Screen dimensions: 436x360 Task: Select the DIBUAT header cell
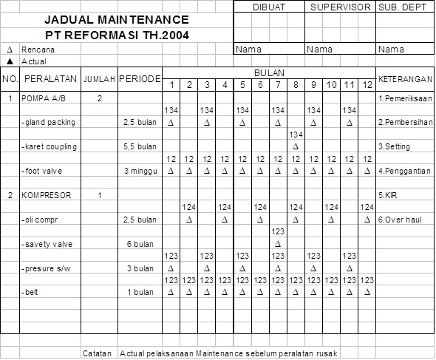point(268,7)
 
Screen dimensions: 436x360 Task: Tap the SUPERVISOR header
point(340,7)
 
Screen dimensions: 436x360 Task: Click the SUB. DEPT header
point(405,7)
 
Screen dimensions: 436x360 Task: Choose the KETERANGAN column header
point(406,78)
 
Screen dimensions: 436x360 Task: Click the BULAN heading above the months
point(269,73)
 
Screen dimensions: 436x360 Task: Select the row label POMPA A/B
point(43,98)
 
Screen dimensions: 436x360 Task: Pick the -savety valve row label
point(49,243)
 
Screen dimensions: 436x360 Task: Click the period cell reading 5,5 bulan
point(140,146)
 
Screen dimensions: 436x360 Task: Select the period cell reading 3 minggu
point(140,171)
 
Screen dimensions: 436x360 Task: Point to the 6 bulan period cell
point(140,243)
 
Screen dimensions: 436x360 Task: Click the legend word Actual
point(34,61)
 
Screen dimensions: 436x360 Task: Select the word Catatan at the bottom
point(98,353)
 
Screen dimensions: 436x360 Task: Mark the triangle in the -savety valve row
point(278,243)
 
